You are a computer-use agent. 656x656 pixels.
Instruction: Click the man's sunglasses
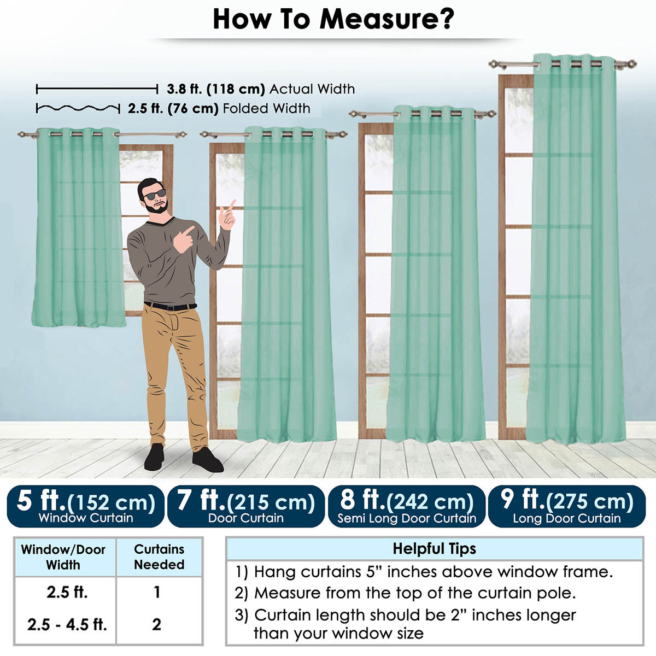(x=155, y=195)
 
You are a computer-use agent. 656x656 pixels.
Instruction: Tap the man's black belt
(x=170, y=306)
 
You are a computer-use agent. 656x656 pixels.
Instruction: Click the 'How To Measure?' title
(x=333, y=19)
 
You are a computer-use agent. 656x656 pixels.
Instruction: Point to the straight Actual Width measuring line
(x=97, y=89)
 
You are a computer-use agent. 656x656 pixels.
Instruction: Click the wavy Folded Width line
(x=78, y=109)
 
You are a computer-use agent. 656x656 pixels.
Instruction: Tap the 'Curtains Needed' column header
(x=159, y=557)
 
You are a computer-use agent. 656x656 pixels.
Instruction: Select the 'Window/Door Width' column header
(x=63, y=557)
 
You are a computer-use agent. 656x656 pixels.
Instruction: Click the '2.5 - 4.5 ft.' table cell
(x=67, y=624)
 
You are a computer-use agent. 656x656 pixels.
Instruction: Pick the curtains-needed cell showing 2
(x=156, y=624)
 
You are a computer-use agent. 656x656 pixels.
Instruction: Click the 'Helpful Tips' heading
(x=435, y=548)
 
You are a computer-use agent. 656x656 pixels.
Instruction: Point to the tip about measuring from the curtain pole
(x=405, y=593)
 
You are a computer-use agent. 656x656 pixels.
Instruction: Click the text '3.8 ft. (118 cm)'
(x=216, y=89)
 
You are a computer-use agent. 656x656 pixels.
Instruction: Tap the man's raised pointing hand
(x=227, y=215)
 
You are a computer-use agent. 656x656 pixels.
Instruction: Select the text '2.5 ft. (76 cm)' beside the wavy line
(x=173, y=109)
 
